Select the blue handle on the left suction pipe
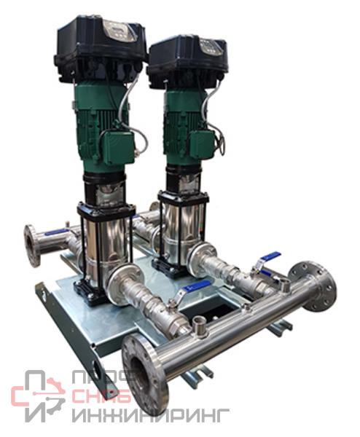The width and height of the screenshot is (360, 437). [x=57, y=232]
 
